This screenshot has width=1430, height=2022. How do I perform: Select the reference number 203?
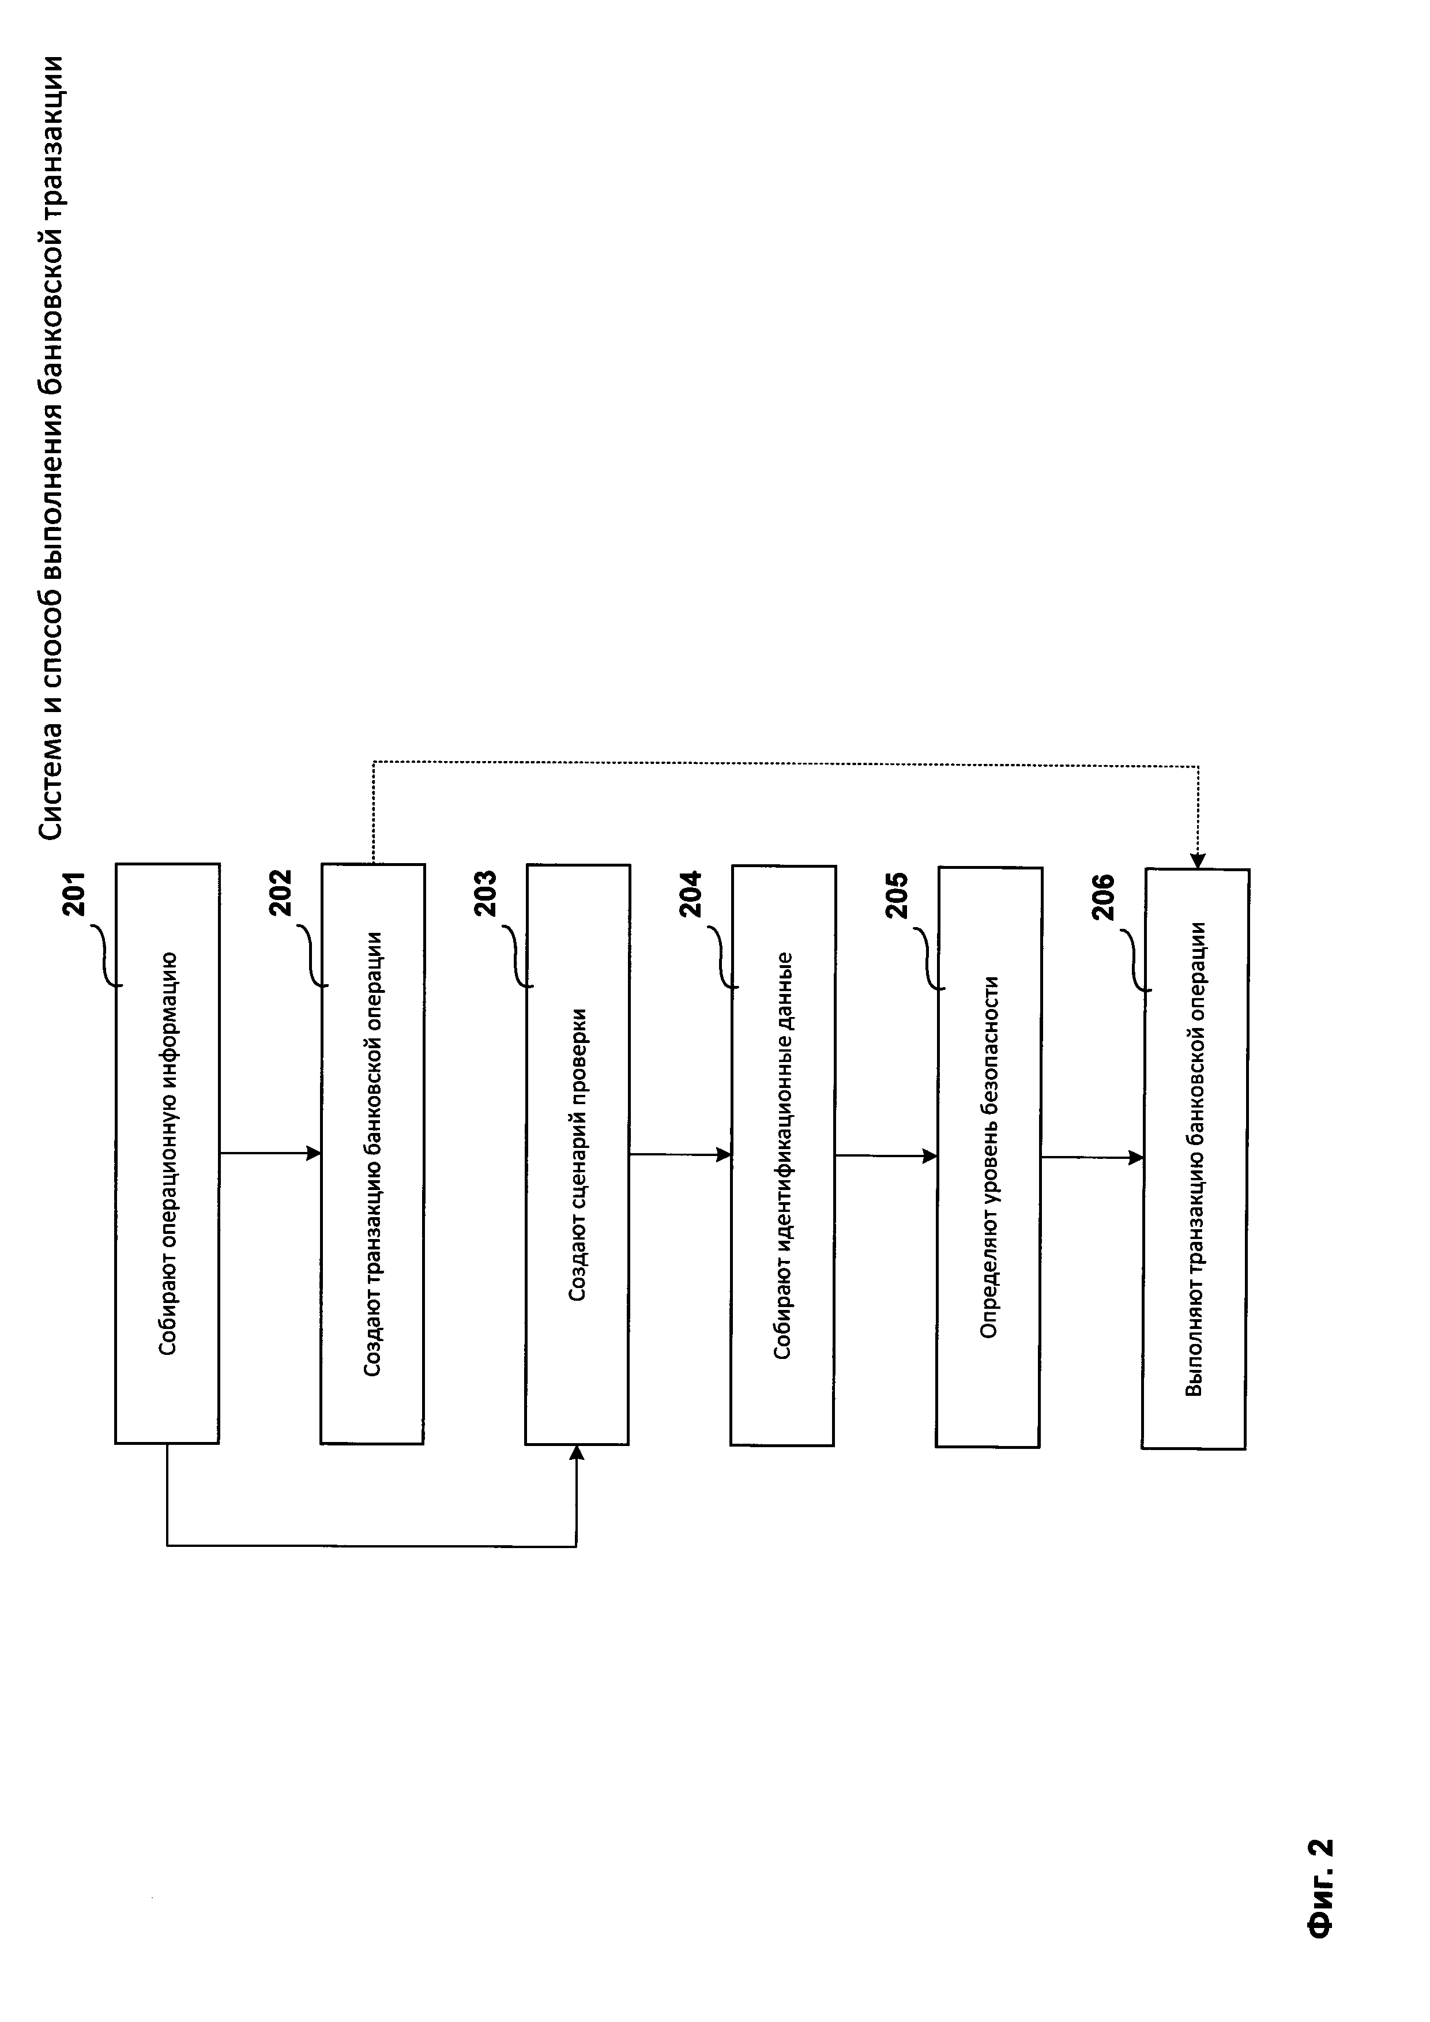point(486,894)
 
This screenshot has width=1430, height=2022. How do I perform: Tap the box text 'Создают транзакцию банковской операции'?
point(372,1154)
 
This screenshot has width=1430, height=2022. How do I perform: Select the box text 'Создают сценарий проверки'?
point(578,1154)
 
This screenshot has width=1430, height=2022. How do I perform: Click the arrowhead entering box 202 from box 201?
point(314,1153)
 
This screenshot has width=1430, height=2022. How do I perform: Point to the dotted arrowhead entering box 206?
point(1198,862)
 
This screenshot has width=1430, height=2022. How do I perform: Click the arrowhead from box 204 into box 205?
point(930,1155)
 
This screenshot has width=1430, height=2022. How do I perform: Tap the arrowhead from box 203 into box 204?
point(725,1154)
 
